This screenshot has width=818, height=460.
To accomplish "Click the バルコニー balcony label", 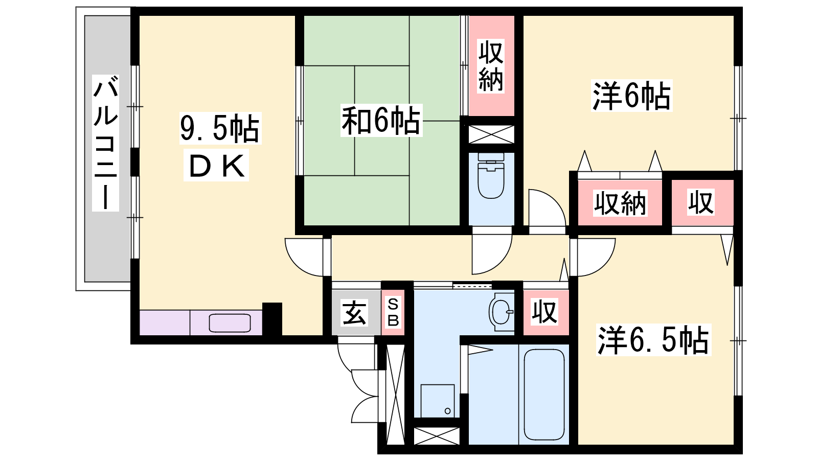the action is click(x=105, y=143).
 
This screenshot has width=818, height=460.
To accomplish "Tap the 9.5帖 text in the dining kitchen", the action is click(x=220, y=128).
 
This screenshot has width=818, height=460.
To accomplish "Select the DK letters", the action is click(x=216, y=166).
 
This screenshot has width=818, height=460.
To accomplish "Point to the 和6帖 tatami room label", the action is click(x=381, y=120).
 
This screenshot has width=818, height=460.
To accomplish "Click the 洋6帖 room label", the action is click(x=632, y=96).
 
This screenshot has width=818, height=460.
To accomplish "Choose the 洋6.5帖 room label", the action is click(x=654, y=339).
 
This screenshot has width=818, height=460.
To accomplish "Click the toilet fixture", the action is click(x=491, y=176).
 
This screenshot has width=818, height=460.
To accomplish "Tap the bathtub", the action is click(x=544, y=395).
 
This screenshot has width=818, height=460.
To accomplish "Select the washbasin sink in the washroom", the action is click(x=502, y=312).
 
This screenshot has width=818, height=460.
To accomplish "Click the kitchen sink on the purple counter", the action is click(x=230, y=323).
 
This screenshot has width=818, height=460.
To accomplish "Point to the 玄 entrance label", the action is click(x=353, y=312).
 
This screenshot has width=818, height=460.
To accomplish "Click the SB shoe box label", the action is click(x=393, y=312).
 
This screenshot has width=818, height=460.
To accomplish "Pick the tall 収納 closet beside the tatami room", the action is click(x=491, y=66).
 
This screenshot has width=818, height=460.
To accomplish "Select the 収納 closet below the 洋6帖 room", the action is click(x=620, y=202).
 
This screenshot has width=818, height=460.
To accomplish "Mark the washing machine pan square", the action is click(x=438, y=401).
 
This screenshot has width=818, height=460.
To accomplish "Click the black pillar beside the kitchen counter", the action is click(x=272, y=319).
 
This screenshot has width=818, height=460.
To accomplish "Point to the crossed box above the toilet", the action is click(x=491, y=134).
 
